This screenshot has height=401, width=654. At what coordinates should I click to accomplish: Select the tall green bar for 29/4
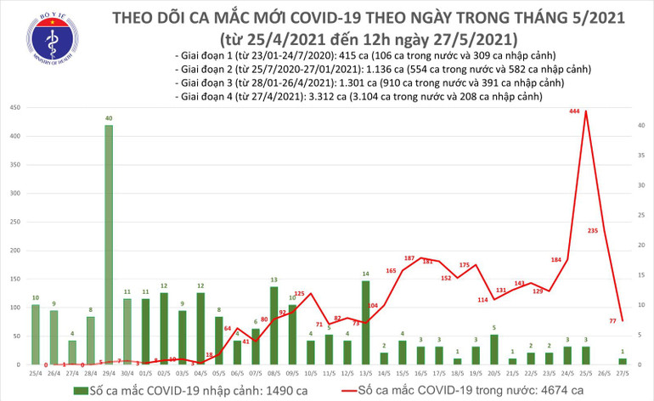coord(110,245)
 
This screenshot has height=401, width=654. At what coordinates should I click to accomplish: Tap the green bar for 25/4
coord(36,334)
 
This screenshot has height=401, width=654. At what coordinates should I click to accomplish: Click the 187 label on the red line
coord(409,257)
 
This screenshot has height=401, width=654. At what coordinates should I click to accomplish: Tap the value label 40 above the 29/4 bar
coord(110,118)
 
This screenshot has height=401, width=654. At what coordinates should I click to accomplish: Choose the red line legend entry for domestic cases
coord(446,389)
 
